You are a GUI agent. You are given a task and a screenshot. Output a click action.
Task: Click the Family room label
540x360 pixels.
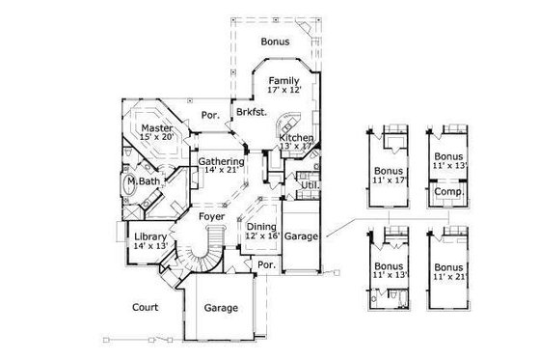pos(283,80)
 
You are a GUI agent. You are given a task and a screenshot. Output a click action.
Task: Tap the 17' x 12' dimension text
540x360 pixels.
pos(283,91)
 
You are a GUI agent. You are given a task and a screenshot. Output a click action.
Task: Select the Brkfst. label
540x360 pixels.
pos(250,113)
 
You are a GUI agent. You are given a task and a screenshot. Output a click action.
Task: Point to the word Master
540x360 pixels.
pos(155,127)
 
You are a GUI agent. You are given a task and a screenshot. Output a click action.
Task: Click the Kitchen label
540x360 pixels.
pos(296,139)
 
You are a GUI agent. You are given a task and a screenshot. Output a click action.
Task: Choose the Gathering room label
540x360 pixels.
pos(220,161)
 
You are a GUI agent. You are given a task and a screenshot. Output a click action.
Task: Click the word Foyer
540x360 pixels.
pos(212,217)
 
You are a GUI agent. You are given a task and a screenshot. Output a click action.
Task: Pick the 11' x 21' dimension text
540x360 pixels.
pos(448,276)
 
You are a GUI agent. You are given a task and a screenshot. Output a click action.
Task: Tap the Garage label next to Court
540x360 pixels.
pos(221,310)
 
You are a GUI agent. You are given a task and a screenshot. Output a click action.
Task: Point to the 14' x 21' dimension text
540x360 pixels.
pos(220,171)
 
